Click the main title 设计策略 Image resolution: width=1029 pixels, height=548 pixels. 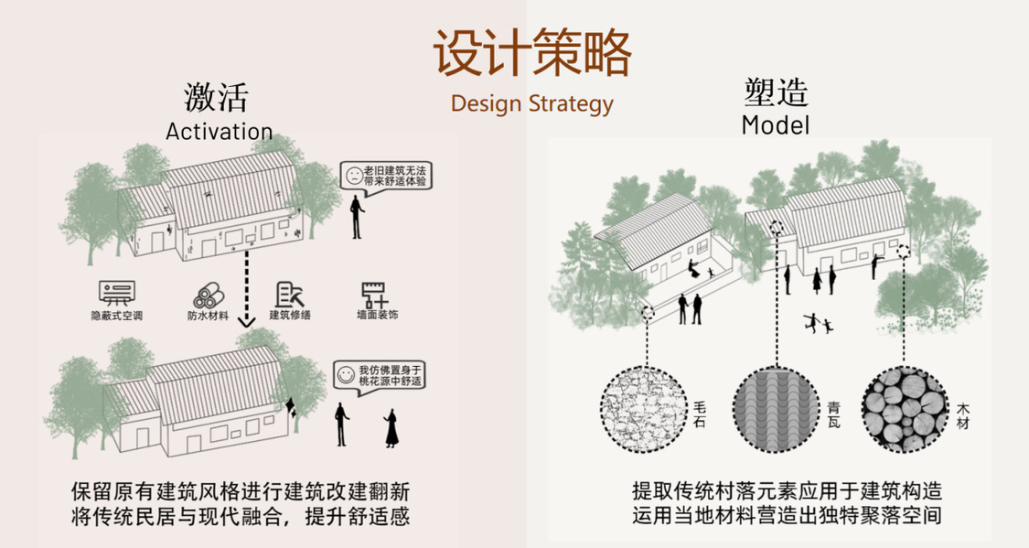click(531, 52)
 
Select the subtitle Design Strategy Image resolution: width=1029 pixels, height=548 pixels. click(531, 102)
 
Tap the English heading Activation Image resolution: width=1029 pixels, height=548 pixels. click(219, 131)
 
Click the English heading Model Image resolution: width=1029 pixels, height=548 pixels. click(776, 124)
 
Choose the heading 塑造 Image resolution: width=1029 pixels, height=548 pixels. click(776, 93)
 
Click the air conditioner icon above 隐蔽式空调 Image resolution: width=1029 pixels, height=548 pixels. click(117, 294)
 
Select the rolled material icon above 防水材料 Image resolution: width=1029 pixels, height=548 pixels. click(208, 295)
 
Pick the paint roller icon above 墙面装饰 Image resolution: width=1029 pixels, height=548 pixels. click(375, 294)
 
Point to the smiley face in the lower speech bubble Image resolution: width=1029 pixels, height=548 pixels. click(345, 374)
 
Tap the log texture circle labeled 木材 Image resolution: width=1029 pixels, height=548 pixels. click(905, 408)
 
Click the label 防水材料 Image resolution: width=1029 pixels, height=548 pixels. click(208, 317)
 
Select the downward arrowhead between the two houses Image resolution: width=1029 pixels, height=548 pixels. click(245, 321)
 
